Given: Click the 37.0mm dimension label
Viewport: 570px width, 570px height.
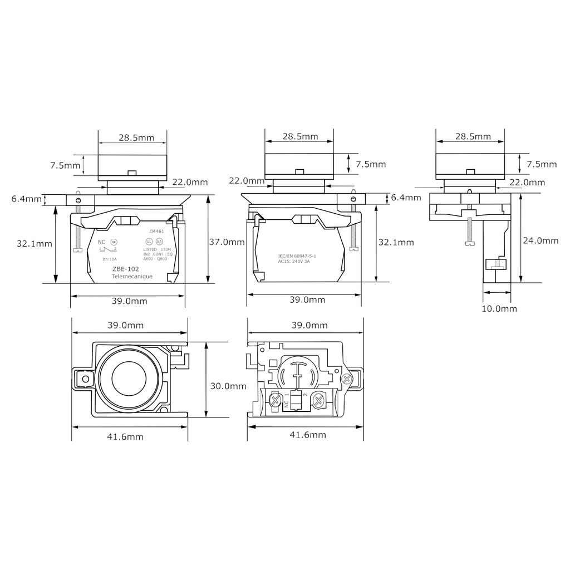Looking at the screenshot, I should (227, 242).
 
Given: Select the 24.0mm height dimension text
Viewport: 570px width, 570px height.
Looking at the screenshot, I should (540, 240).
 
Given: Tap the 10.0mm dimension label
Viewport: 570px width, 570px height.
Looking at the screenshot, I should (499, 308).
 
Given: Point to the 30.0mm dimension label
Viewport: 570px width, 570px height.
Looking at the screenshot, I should (228, 386).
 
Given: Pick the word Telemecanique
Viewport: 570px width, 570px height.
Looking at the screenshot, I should (132, 277).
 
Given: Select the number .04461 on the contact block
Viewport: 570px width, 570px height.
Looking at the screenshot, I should (156, 231).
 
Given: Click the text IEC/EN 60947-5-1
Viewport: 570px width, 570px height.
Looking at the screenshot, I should (297, 256).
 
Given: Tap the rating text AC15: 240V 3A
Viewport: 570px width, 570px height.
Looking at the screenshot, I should (293, 262).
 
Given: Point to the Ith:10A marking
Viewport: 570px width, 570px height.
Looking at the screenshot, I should (109, 259).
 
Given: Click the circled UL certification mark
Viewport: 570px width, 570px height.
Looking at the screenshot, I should (149, 242).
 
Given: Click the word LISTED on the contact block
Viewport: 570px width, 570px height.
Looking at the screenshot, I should (150, 250).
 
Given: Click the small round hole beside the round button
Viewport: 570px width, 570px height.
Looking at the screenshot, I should (85, 380).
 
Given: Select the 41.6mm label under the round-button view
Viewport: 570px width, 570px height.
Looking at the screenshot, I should (125, 437).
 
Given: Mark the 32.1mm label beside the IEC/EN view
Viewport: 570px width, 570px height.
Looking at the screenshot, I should (396, 242).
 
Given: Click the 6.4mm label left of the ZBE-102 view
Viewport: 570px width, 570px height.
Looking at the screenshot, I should (26, 199).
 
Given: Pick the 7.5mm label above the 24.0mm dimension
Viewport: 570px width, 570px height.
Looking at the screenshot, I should (541, 164).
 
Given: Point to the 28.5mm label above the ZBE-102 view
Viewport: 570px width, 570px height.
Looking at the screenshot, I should (132, 137).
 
